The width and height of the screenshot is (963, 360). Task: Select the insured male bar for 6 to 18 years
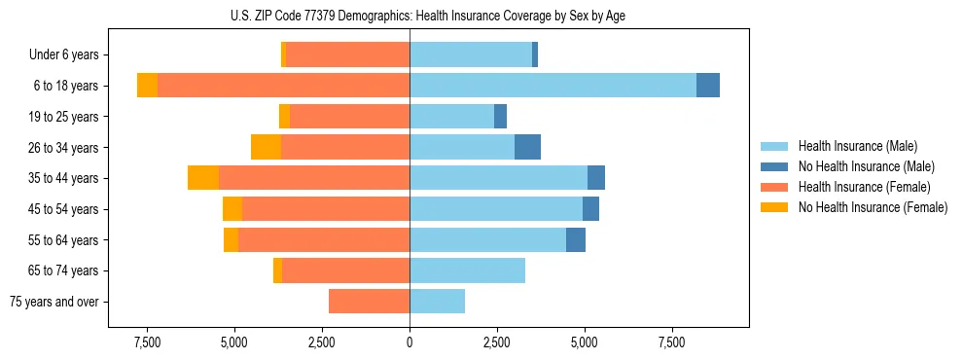point(553,86)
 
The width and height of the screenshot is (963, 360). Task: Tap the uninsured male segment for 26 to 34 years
point(527,147)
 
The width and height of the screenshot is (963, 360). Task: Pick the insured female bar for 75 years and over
point(369,302)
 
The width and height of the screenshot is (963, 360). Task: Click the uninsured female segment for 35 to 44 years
point(203,178)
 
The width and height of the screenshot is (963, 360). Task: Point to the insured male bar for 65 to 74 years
point(467,270)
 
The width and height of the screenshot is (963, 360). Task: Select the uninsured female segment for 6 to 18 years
point(147,86)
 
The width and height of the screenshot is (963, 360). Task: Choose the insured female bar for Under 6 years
point(348,54)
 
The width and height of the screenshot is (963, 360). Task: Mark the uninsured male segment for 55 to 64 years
point(576,239)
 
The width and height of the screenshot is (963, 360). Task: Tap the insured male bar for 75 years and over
point(437,302)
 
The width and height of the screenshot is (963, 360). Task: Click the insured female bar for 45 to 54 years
point(326,209)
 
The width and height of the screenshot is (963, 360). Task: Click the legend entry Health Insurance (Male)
point(857,146)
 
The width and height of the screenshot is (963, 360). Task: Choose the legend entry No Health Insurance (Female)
point(873,207)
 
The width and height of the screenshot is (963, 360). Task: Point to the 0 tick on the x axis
point(410,343)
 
